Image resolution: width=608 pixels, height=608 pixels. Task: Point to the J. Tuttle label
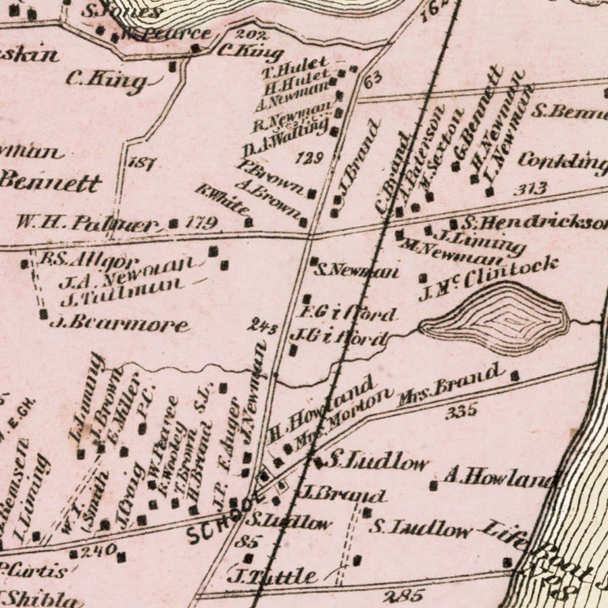274,576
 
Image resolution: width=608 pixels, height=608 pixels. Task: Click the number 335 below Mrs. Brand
461,410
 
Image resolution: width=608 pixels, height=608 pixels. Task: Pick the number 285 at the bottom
403,595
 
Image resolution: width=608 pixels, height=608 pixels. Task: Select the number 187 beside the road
143,163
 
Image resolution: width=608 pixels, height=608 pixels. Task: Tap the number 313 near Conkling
530,190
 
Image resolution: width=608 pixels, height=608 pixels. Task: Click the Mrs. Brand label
451,383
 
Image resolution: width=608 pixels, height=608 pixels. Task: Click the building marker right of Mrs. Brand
515,375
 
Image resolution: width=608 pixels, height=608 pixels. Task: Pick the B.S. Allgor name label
89,260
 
